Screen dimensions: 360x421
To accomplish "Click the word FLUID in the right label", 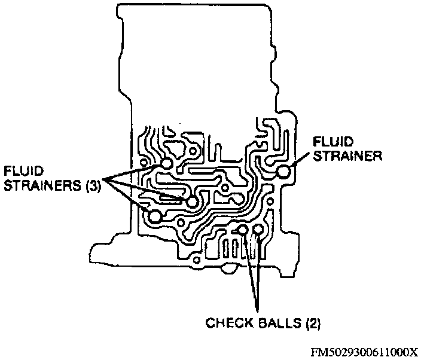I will click(x=333, y=141).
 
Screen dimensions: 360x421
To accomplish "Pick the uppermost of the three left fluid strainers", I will click(x=166, y=163).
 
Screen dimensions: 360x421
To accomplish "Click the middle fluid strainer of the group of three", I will click(x=192, y=202).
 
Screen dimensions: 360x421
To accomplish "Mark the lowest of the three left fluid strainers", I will click(x=155, y=216).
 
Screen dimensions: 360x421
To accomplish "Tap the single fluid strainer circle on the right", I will click(x=283, y=172).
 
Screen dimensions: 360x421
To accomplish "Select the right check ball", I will click(x=258, y=229).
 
